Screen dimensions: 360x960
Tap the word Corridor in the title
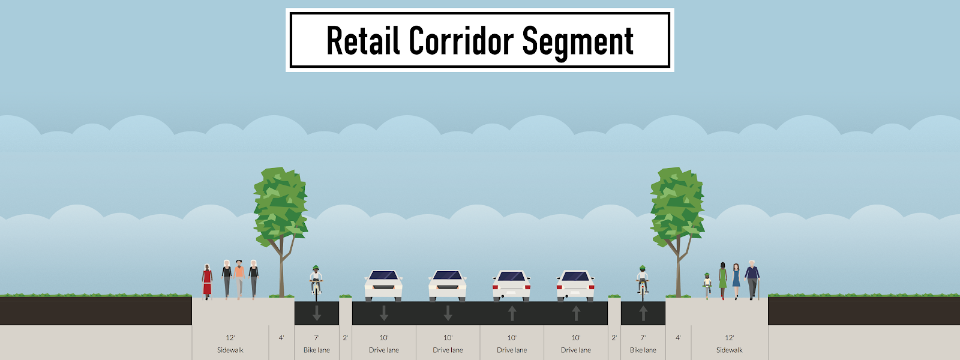pyautogui.click(x=461, y=41)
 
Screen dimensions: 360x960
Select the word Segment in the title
pyautogui.click(x=577, y=42)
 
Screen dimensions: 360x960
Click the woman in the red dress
pyautogui.click(x=207, y=281)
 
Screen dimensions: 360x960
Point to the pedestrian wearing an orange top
pyautogui.click(x=239, y=278)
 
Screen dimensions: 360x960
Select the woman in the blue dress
pyautogui.click(x=736, y=280)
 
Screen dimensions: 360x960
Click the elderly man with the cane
pyautogui.click(x=752, y=279)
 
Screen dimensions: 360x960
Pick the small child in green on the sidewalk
pyautogui.click(x=707, y=286)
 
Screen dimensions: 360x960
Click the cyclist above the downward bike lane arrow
pyautogui.click(x=316, y=282)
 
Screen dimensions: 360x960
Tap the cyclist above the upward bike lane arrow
pyautogui.click(x=643, y=282)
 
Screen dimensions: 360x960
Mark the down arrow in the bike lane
pyautogui.click(x=317, y=313)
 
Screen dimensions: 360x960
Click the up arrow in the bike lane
pyautogui.click(x=643, y=313)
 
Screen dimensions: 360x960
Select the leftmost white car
pyautogui.click(x=383, y=286)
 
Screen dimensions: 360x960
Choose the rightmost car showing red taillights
pyautogui.click(x=575, y=286)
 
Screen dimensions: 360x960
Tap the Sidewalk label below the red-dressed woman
pyautogui.click(x=230, y=350)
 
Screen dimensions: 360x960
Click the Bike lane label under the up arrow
pyautogui.click(x=643, y=350)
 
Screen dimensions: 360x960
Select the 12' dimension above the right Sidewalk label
pyautogui.click(x=730, y=338)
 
